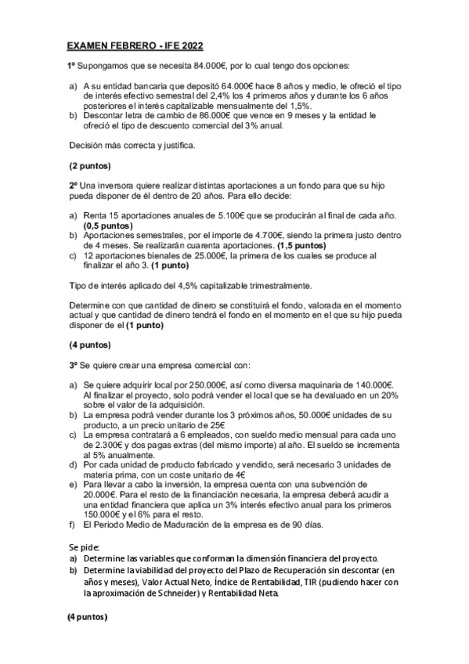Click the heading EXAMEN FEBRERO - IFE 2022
[135, 47]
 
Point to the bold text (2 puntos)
[90, 166]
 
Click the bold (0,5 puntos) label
[108, 226]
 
